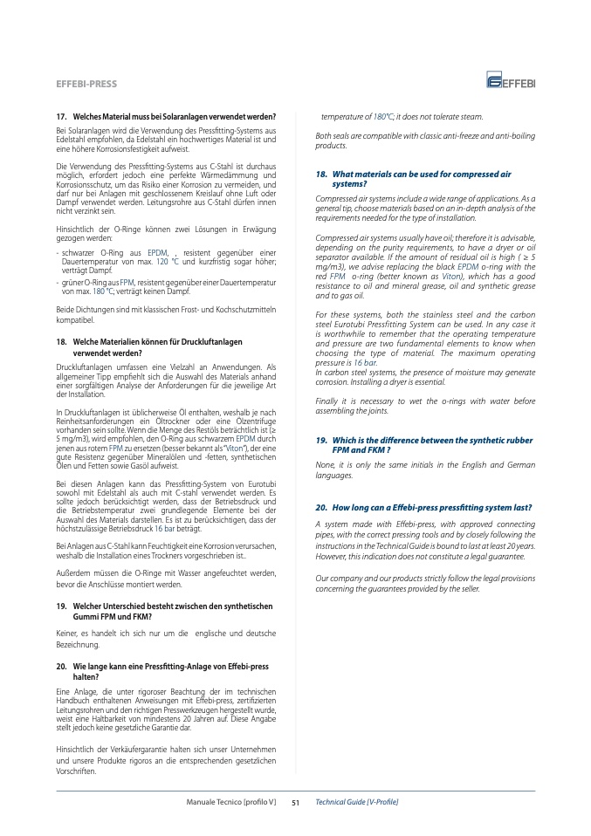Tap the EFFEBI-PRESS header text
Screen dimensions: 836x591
86,84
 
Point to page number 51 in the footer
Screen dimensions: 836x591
295,801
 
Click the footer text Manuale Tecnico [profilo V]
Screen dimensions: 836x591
231,801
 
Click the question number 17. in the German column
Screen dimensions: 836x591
62,117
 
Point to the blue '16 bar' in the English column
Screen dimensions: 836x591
365,362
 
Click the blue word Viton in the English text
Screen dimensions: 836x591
451,276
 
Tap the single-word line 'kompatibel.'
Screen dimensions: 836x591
75,320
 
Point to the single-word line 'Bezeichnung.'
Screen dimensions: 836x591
79,645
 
